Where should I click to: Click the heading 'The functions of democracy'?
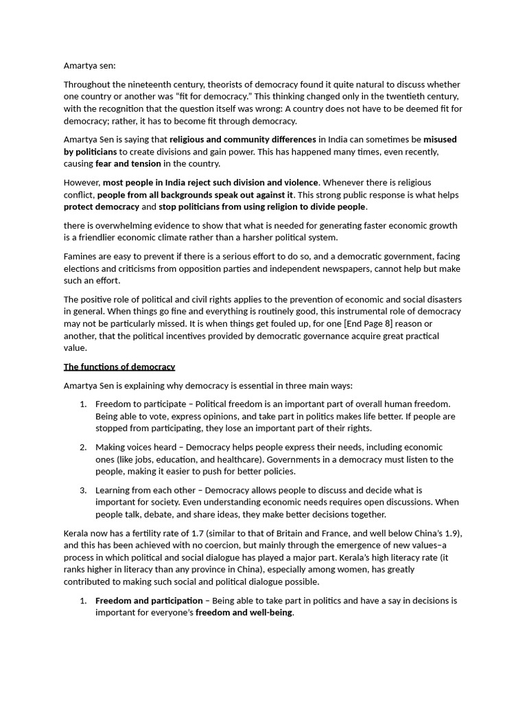click(119, 367)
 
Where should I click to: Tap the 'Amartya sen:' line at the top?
click(90, 65)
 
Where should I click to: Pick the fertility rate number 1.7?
click(181, 533)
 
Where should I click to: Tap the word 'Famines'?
click(82, 256)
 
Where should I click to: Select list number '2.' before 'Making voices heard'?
click(83, 447)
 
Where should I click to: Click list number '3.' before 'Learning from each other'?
click(83, 490)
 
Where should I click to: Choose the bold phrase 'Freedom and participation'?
click(149, 601)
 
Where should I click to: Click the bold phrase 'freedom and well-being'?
click(244, 612)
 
